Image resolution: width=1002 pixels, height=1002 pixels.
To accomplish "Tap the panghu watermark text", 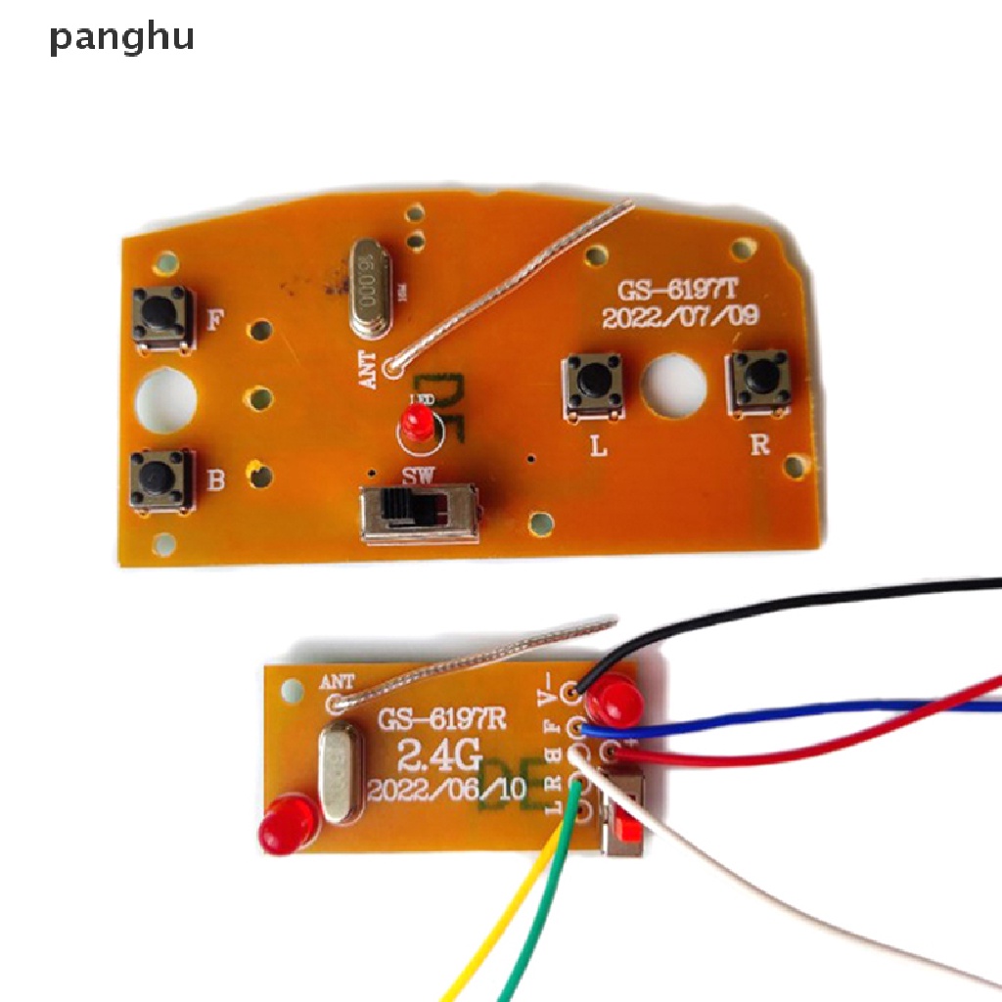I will pos(122,37).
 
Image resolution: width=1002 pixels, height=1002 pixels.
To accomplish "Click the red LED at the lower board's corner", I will pos(288,823).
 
